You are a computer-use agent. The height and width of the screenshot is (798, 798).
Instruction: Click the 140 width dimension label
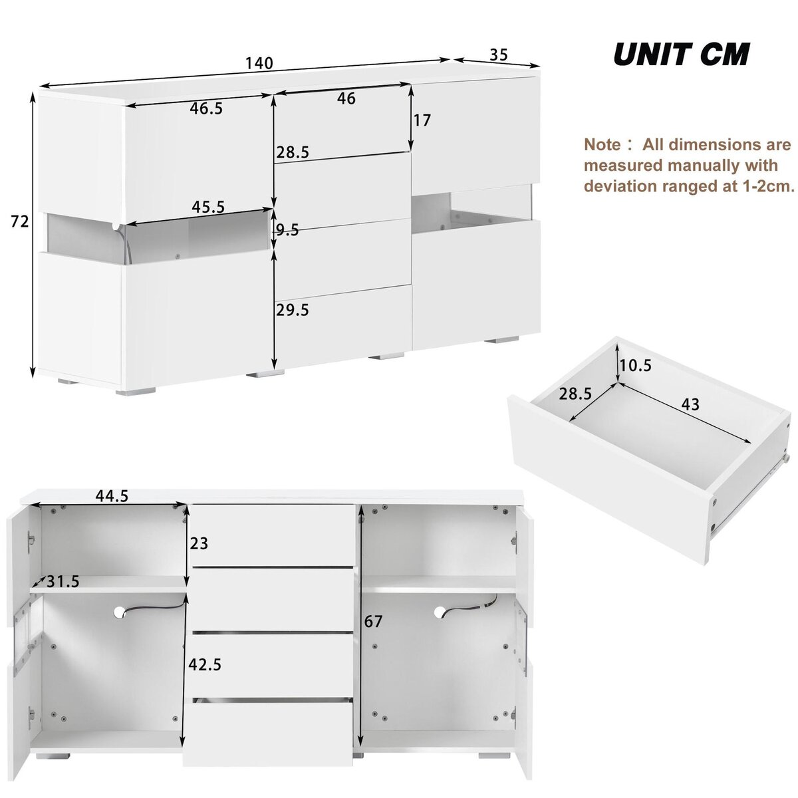pyautogui.click(x=259, y=63)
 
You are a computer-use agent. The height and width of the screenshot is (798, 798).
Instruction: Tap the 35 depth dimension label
pyautogui.click(x=499, y=55)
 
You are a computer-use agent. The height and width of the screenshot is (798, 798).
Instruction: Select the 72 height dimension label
pyautogui.click(x=20, y=221)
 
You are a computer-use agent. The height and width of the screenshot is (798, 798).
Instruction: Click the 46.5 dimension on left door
pyautogui.click(x=206, y=108)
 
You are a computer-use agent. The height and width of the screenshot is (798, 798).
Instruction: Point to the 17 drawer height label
pyautogui.click(x=422, y=120)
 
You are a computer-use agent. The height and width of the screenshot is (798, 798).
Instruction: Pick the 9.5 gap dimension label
pyautogui.click(x=287, y=231)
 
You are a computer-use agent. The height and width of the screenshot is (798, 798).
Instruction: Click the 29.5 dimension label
pyautogui.click(x=293, y=309)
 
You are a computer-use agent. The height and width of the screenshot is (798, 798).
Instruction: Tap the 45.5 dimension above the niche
pyautogui.click(x=207, y=207)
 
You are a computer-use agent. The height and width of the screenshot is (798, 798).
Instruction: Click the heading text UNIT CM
pyautogui.click(x=681, y=55)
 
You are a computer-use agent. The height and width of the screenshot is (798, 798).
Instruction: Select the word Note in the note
pyautogui.click(x=601, y=144)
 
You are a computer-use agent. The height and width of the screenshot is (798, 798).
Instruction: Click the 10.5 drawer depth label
pyautogui.click(x=636, y=365)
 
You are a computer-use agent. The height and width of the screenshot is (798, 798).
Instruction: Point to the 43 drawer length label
pyautogui.click(x=690, y=404)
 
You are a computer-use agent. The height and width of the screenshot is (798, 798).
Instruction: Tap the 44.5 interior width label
pyautogui.click(x=112, y=495)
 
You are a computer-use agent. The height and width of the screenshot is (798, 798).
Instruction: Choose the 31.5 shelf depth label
pyautogui.click(x=63, y=582)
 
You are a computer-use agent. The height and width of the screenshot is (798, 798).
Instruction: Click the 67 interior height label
pyautogui.click(x=374, y=622)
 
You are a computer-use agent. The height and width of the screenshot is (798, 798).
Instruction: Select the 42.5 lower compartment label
pyautogui.click(x=205, y=664)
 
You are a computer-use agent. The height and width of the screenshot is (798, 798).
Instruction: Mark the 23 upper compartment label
pyautogui.click(x=199, y=544)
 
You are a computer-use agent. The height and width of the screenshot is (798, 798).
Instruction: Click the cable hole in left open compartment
pyautogui.click(x=120, y=611)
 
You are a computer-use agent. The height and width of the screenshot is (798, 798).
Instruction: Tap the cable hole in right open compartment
pyautogui.click(x=440, y=611)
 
